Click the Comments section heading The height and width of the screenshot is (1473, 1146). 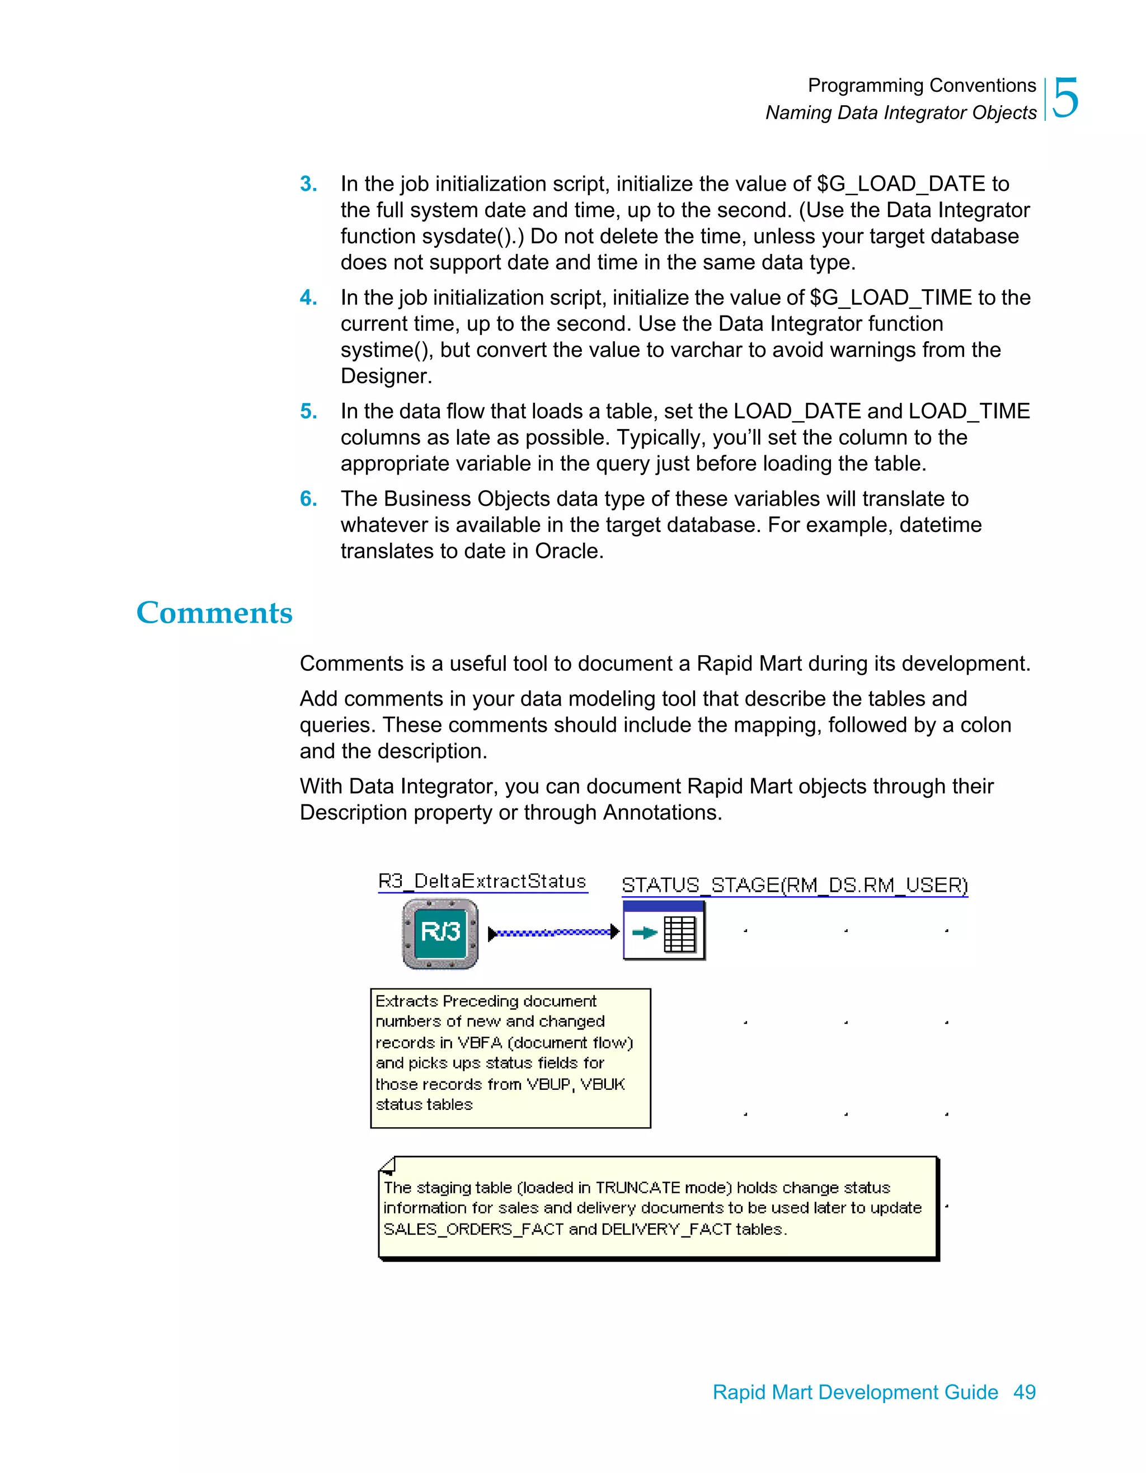[214, 613]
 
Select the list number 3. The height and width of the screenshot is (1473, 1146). [308, 183]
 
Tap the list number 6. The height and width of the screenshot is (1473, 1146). [308, 498]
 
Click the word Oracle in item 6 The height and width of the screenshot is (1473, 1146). [567, 551]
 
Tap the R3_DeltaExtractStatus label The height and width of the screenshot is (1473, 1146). [482, 882]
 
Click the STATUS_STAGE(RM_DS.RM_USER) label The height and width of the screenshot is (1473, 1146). [794, 885]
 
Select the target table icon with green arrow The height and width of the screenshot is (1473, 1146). [664, 932]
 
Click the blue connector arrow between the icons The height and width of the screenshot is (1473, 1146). [553, 933]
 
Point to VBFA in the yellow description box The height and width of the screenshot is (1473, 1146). [480, 1042]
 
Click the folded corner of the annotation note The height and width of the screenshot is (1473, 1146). [388, 1165]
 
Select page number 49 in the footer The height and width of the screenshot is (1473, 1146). [1024, 1391]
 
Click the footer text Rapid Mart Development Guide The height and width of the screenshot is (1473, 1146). [854, 1391]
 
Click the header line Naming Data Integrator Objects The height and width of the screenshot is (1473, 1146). [900, 112]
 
